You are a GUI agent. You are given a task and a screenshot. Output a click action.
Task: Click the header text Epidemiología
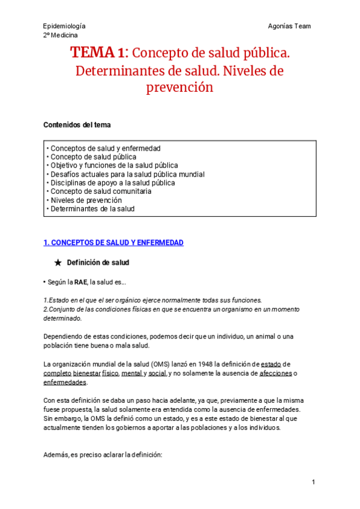[64, 26]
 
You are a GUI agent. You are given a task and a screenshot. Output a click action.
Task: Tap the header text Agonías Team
[290, 26]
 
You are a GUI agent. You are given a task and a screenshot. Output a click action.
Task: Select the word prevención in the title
[179, 88]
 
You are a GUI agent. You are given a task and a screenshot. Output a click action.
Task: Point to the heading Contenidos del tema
[77, 125]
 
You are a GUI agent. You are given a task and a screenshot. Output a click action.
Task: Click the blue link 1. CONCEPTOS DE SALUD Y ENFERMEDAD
[113, 242]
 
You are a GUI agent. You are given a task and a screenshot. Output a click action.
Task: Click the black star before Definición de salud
[58, 263]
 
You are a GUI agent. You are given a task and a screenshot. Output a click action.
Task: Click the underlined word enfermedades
[65, 382]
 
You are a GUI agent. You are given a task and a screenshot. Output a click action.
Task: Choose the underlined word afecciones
[275, 373]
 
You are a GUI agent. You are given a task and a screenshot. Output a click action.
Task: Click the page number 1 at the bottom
[313, 483]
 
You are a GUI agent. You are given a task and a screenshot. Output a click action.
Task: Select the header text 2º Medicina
[61, 35]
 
